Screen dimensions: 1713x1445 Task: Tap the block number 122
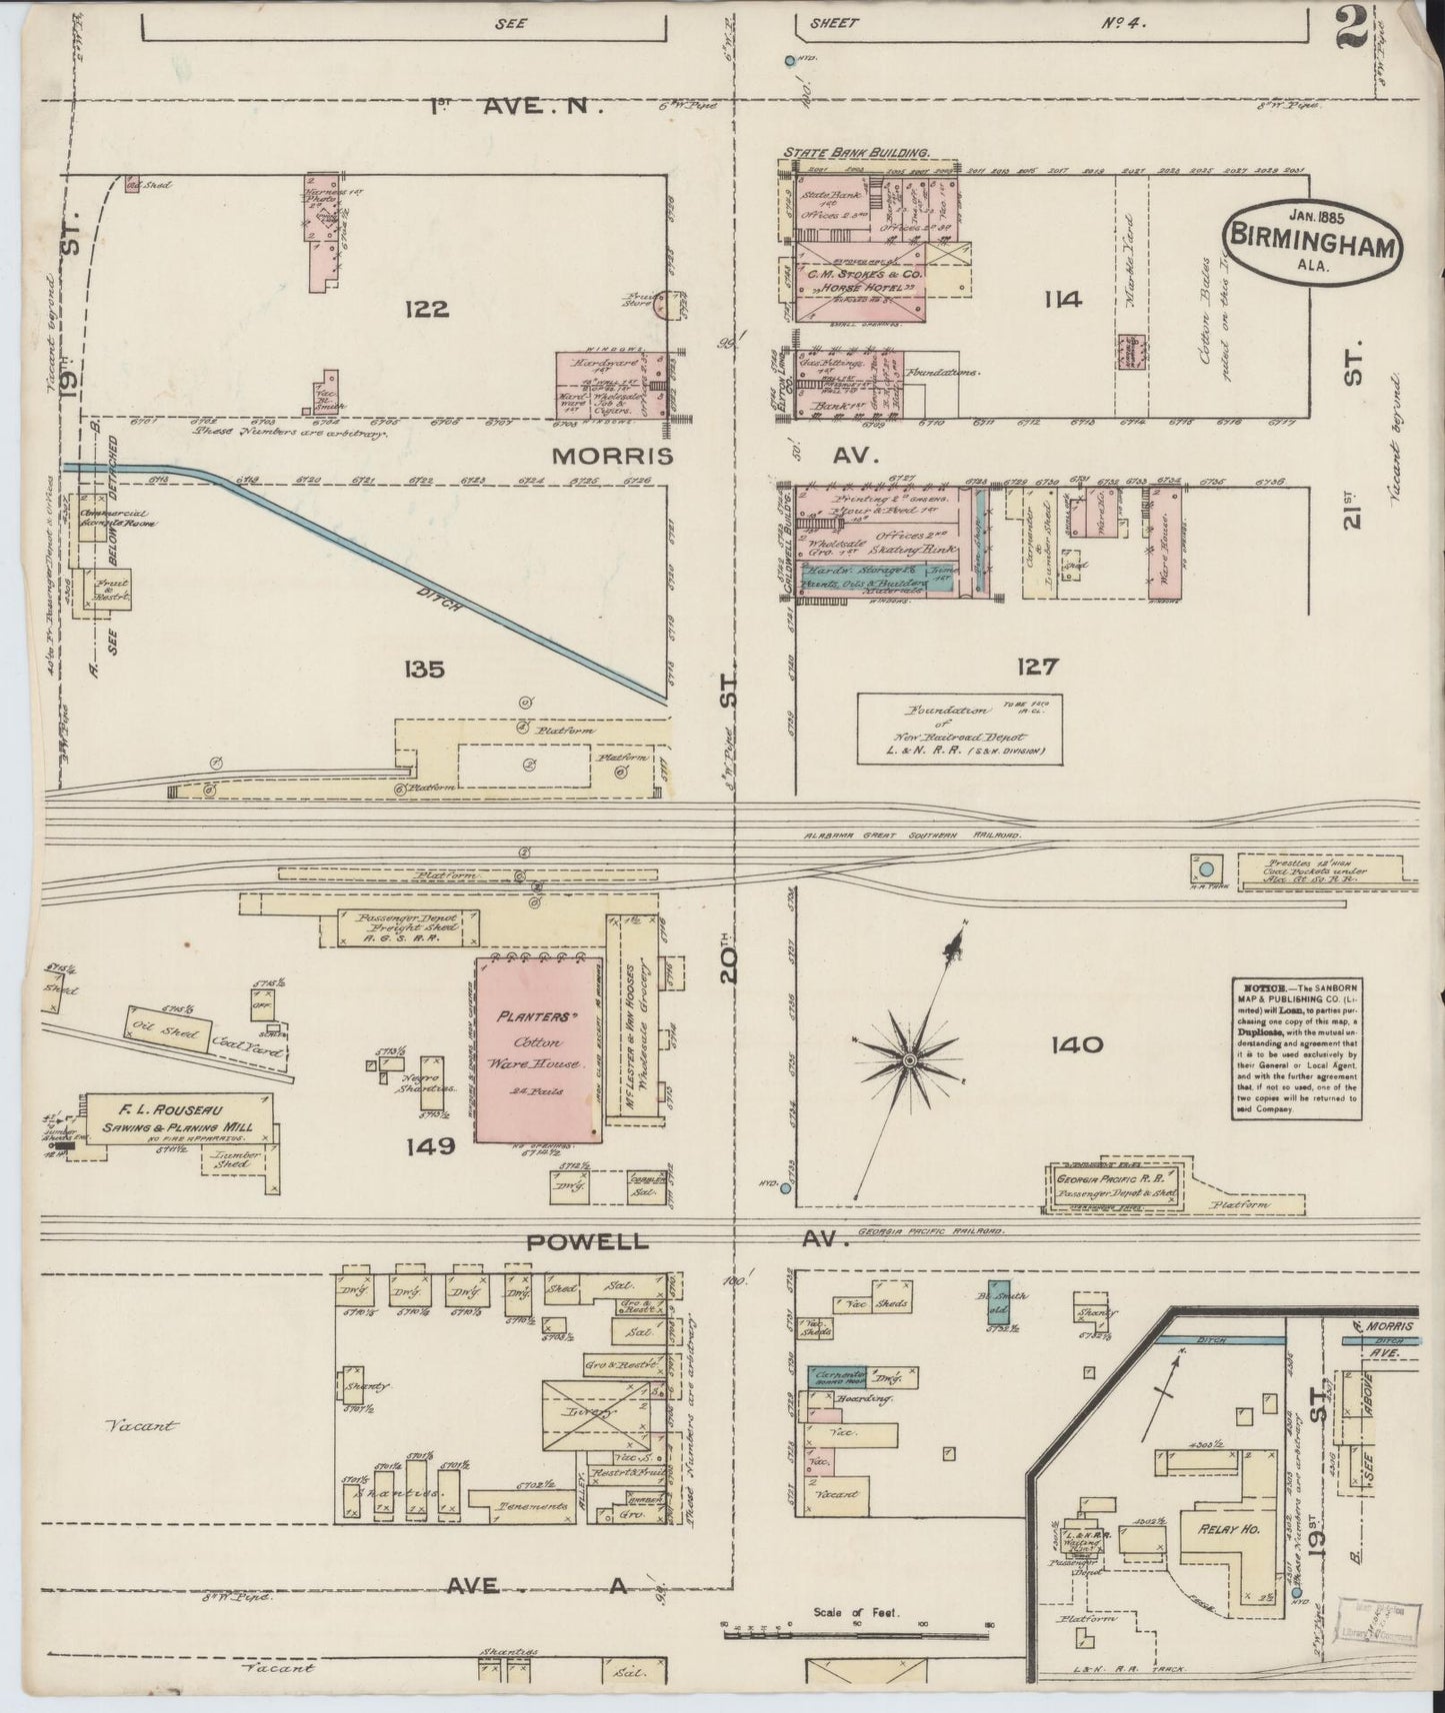coord(425,309)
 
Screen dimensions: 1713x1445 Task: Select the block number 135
coord(421,669)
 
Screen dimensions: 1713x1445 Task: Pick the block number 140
coord(1076,1045)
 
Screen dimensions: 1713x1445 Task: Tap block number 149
coord(430,1145)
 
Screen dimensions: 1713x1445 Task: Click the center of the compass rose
coord(909,1058)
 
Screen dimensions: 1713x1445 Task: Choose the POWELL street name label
coord(591,1241)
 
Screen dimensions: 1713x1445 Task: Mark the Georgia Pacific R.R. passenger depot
coord(1116,1186)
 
